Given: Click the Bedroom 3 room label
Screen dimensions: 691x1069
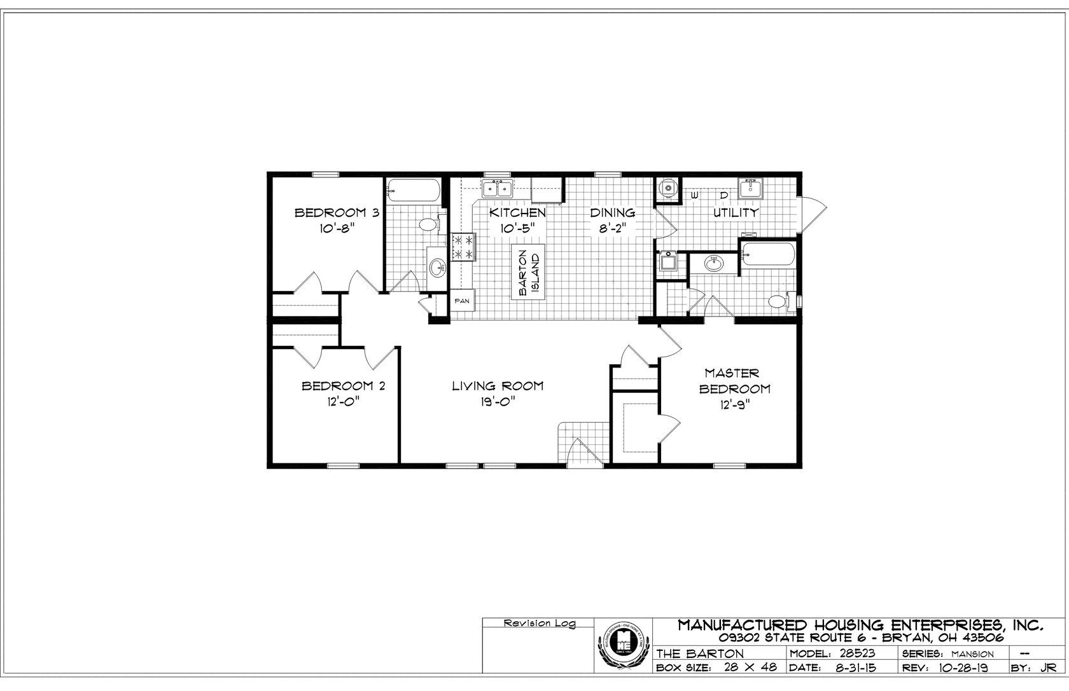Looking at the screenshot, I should pos(337,213).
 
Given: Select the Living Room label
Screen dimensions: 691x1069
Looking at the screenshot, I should pos(498,386).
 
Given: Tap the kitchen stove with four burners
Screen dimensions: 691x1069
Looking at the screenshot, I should pos(463,247).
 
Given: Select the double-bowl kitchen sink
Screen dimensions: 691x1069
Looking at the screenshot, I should pos(497,189).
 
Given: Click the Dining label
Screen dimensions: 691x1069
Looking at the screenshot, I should pos(612,213).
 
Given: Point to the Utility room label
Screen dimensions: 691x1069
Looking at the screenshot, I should pos(735,213).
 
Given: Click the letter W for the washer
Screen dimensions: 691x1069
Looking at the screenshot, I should pos(695,195).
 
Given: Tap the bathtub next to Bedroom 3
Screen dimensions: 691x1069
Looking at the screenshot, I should pos(414,189).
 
